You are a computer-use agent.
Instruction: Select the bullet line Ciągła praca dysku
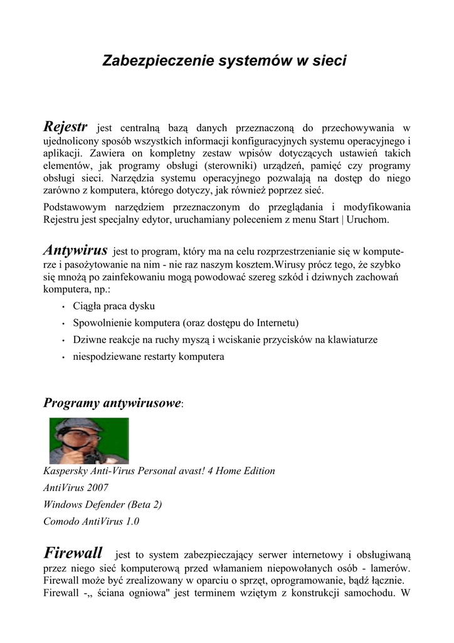click(113, 306)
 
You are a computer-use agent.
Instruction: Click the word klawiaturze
click(351, 340)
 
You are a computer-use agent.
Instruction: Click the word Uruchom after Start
click(371, 220)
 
